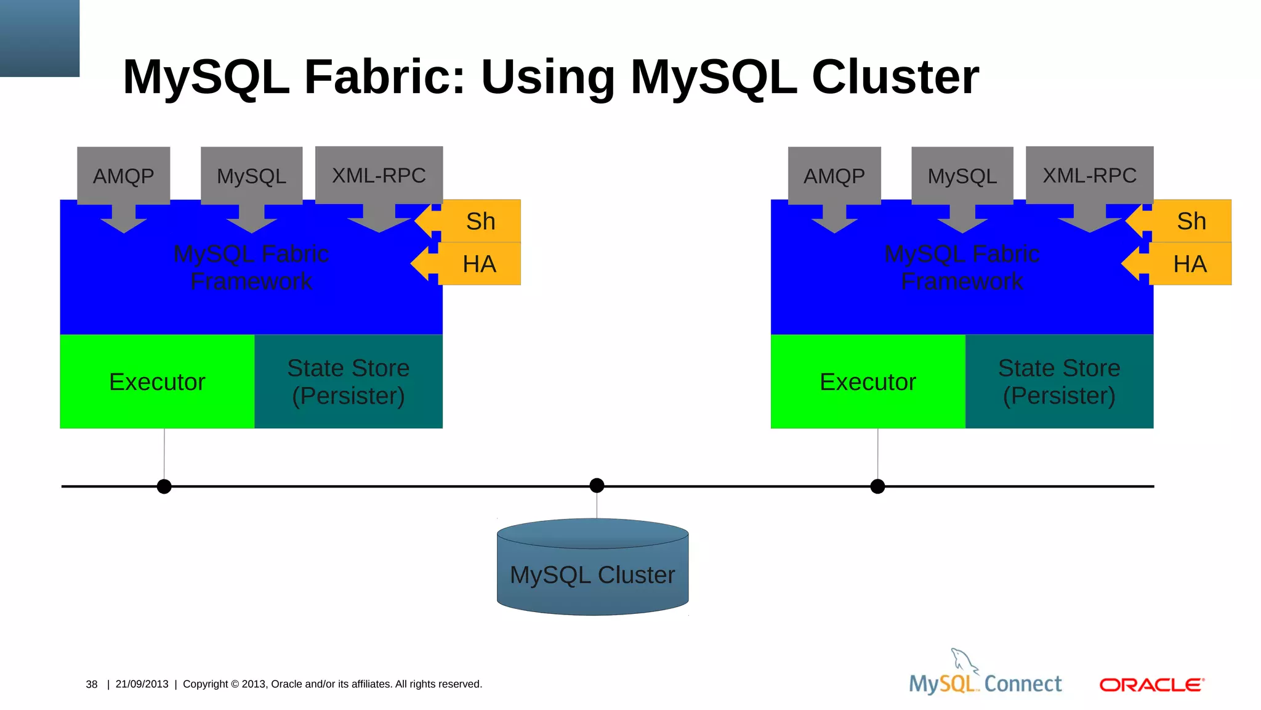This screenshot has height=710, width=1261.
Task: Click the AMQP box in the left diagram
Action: tap(123, 176)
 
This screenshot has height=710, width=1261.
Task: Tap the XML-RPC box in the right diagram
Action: tap(1089, 175)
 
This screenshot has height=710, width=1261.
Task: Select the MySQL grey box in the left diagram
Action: tap(251, 176)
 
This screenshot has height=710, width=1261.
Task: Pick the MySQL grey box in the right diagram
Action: tap(962, 176)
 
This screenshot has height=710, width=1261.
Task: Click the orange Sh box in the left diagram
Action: tap(481, 221)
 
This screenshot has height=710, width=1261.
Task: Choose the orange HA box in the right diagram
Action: tap(1190, 264)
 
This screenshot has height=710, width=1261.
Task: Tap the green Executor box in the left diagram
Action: tap(157, 382)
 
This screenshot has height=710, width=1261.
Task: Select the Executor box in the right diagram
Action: tap(868, 382)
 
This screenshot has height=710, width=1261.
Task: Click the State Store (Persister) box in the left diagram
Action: tap(348, 382)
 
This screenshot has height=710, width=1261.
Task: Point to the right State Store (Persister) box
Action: tap(1059, 382)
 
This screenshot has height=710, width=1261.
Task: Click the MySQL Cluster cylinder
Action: tap(592, 574)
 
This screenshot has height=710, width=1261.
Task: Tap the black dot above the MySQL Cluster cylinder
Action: tap(597, 486)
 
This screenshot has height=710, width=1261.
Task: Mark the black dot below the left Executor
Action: tap(164, 486)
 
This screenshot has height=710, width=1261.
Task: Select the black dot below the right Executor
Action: tap(877, 486)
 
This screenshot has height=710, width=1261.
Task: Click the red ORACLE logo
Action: tap(1151, 685)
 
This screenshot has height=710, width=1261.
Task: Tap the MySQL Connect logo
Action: tap(985, 678)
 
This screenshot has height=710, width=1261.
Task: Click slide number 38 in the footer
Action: tap(92, 684)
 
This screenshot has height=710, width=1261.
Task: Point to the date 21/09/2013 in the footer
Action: tap(142, 684)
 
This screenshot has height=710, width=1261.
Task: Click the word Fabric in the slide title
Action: tap(385, 77)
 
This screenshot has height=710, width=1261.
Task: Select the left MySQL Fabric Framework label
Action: tap(251, 267)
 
